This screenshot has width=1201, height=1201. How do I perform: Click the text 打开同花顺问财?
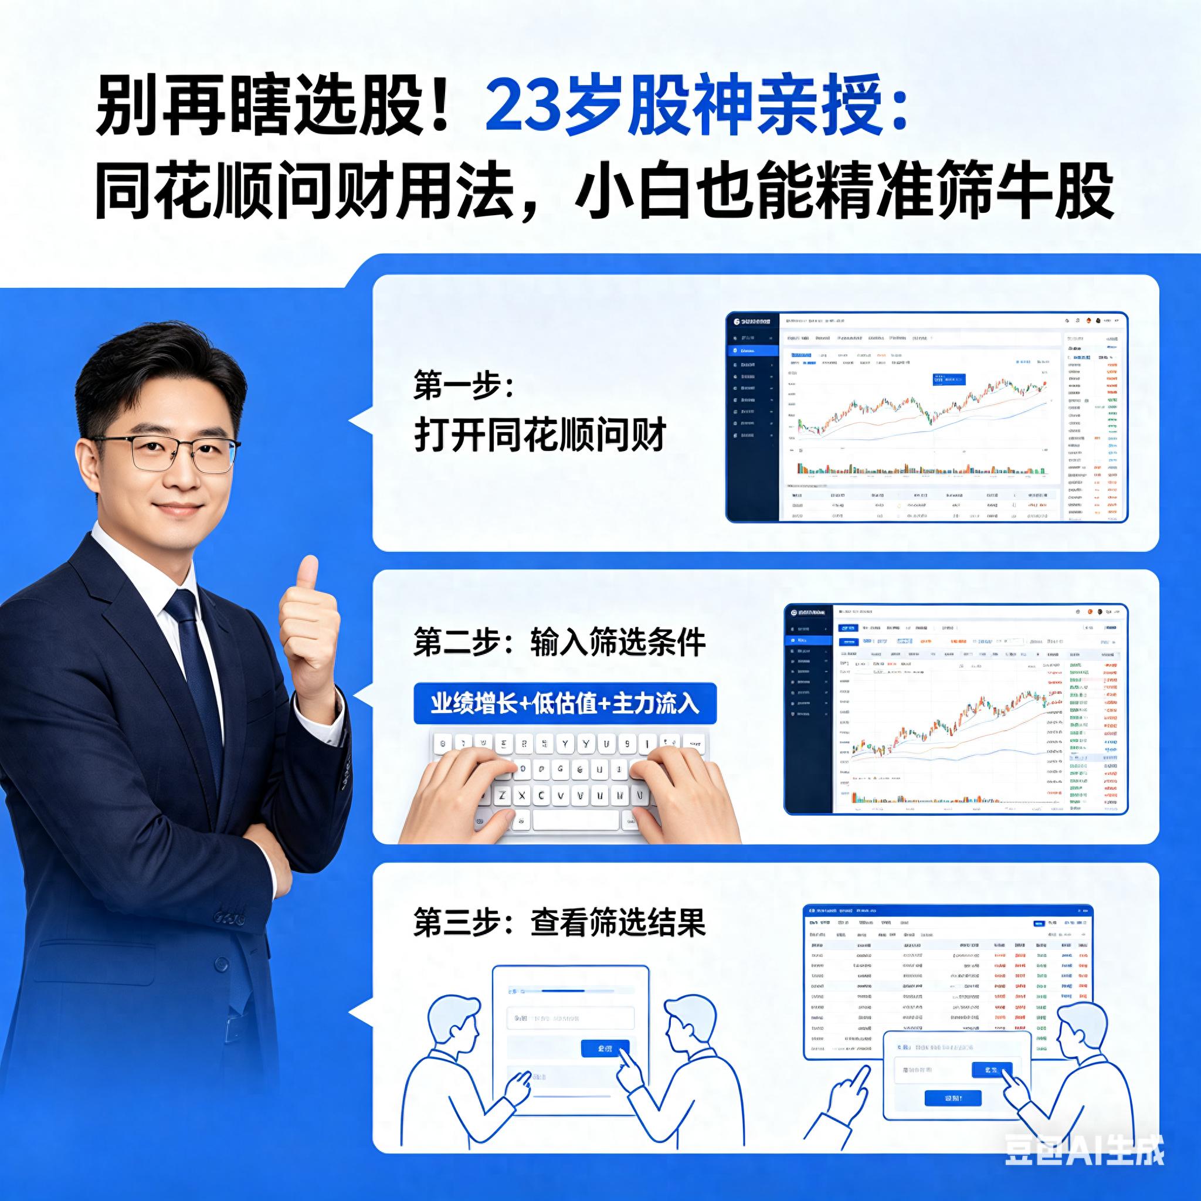click(x=540, y=435)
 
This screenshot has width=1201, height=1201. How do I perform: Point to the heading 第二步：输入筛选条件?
click(x=559, y=642)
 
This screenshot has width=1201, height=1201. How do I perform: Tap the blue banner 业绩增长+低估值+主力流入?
click(x=565, y=703)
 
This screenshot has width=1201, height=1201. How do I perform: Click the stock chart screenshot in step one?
click(x=926, y=416)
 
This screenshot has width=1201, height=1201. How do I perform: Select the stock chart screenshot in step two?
click(x=955, y=708)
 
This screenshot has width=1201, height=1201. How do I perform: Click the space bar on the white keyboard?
click(x=576, y=820)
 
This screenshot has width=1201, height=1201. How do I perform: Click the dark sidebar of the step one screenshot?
click(x=752, y=416)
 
